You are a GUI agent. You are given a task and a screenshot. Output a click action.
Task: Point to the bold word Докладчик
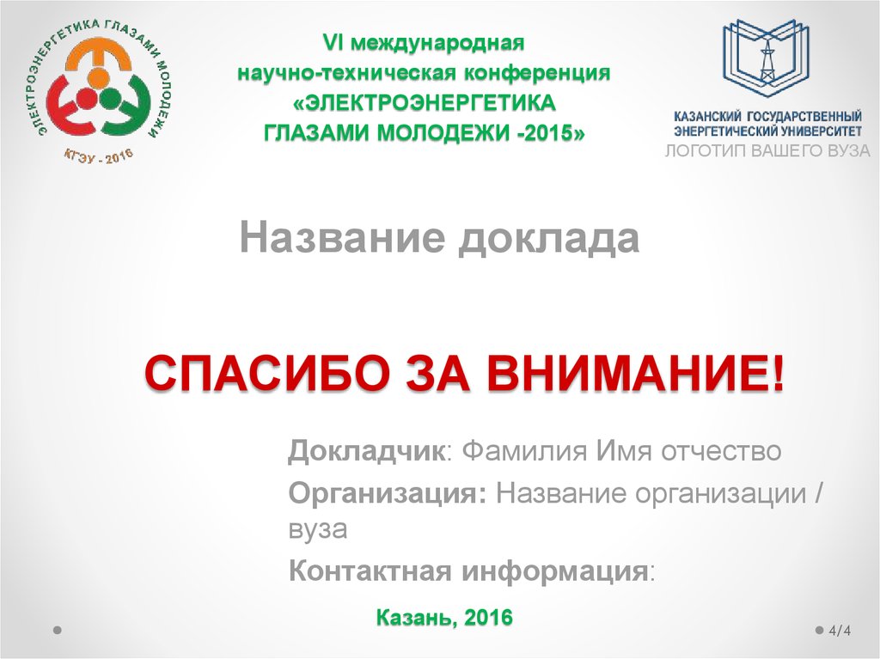pos(366,451)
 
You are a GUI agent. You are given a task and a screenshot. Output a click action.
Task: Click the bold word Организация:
pos(388,494)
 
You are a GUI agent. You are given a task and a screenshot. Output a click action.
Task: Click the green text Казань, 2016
pos(444,616)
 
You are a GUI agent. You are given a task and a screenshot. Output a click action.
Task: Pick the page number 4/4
pos(840,631)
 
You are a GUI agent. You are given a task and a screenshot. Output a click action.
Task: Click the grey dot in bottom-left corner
pos(57,630)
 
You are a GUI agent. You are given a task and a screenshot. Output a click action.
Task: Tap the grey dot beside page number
pos(817,630)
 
